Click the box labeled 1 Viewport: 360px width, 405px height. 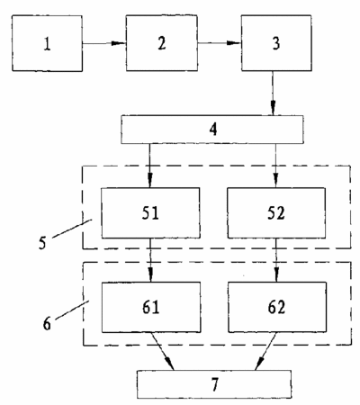47,43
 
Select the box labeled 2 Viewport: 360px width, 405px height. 162,43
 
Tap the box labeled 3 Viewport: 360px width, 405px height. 276,43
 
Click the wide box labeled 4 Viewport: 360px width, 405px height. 212,130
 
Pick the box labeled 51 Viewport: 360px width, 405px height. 150,213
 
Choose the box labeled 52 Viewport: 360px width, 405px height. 276,213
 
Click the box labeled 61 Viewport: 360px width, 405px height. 151,307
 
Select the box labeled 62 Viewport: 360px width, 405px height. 277,307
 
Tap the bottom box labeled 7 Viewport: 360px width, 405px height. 214,384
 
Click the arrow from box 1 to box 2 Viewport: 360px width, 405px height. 104,43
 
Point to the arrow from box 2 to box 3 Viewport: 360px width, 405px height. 220,43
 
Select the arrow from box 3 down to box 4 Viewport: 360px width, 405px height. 273,93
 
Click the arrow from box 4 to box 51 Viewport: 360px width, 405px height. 150,166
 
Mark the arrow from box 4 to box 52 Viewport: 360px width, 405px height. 275,166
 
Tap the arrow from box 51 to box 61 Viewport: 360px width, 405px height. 150,260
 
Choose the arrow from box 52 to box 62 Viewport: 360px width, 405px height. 276,260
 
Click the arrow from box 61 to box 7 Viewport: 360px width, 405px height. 163,351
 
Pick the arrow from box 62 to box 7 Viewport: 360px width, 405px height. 265,351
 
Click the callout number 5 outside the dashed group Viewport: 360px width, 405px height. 42,243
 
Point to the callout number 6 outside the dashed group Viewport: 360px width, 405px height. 47,324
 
